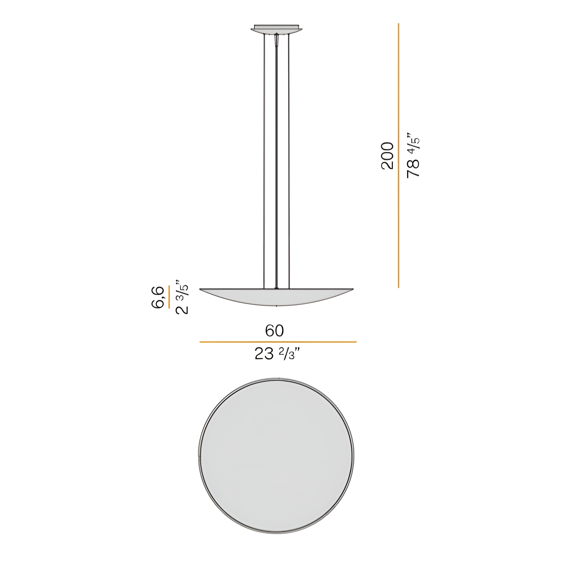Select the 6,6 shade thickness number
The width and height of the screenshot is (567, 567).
[158, 297]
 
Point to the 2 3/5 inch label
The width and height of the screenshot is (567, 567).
[181, 297]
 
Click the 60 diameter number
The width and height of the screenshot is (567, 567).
[274, 331]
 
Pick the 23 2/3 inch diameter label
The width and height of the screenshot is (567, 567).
[277, 354]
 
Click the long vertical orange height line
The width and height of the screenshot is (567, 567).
[399, 155]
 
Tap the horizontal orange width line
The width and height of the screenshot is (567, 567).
[278, 342]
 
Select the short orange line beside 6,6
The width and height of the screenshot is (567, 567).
[169, 297]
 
